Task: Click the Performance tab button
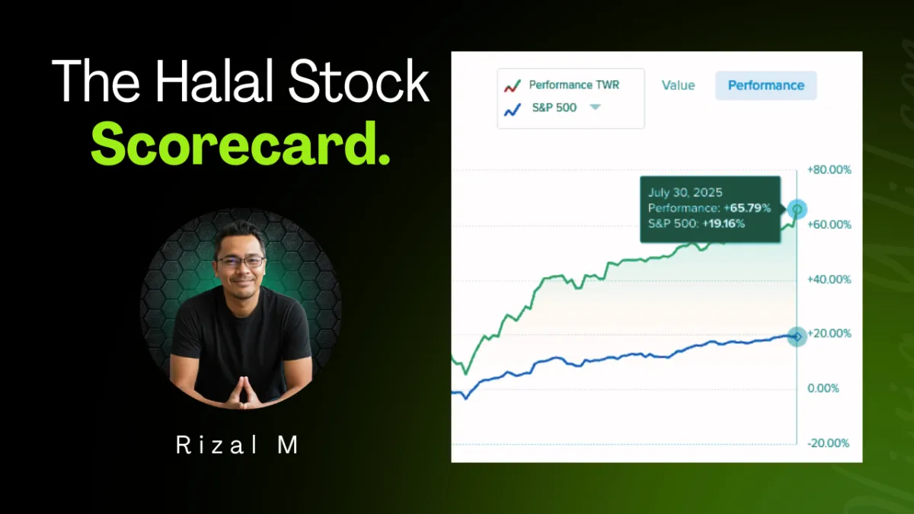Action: click(766, 85)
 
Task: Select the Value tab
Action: click(678, 85)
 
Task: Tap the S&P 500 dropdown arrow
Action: click(596, 107)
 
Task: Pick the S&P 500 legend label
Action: click(554, 107)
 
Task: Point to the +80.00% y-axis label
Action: click(829, 170)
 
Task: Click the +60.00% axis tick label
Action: click(829, 225)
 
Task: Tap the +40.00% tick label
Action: click(829, 279)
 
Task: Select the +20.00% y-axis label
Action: click(829, 334)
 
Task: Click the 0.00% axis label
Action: click(823, 388)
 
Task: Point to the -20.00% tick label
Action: click(829, 443)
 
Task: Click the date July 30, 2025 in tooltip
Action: click(685, 193)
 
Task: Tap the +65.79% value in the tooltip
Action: click(747, 208)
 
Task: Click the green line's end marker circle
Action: click(797, 209)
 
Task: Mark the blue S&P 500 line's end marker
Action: click(797, 337)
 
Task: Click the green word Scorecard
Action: click(241, 144)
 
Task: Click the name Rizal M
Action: click(238, 445)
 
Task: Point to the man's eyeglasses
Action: click(241, 261)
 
